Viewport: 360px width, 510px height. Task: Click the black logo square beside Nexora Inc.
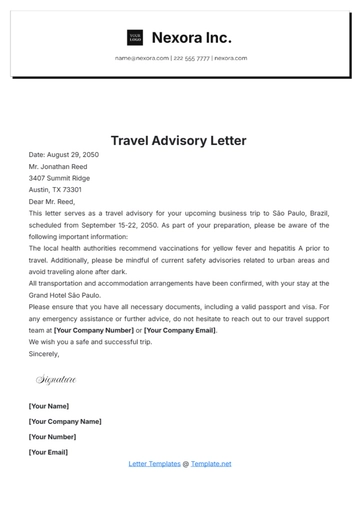(135, 38)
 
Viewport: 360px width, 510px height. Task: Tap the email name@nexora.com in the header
(141, 58)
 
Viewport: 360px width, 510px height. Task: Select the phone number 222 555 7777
(191, 58)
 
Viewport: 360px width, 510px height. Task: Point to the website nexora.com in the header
(230, 58)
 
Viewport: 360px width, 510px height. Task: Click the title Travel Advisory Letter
(178, 141)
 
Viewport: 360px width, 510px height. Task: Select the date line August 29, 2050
(64, 155)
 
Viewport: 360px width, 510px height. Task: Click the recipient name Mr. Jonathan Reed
(64, 167)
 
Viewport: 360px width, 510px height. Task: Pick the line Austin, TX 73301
(56, 190)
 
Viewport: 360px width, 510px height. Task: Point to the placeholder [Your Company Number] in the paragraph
(93, 329)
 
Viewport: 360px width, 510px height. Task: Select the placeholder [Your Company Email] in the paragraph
(180, 329)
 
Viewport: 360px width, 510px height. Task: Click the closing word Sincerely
(44, 353)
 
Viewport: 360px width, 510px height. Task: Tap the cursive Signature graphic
(56, 380)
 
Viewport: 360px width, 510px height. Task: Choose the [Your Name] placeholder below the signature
(49, 406)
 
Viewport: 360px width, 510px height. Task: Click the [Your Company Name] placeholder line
(65, 421)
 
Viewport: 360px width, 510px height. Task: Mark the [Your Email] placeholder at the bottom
(49, 452)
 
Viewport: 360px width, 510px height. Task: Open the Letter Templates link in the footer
(154, 464)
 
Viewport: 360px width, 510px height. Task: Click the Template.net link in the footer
(211, 464)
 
